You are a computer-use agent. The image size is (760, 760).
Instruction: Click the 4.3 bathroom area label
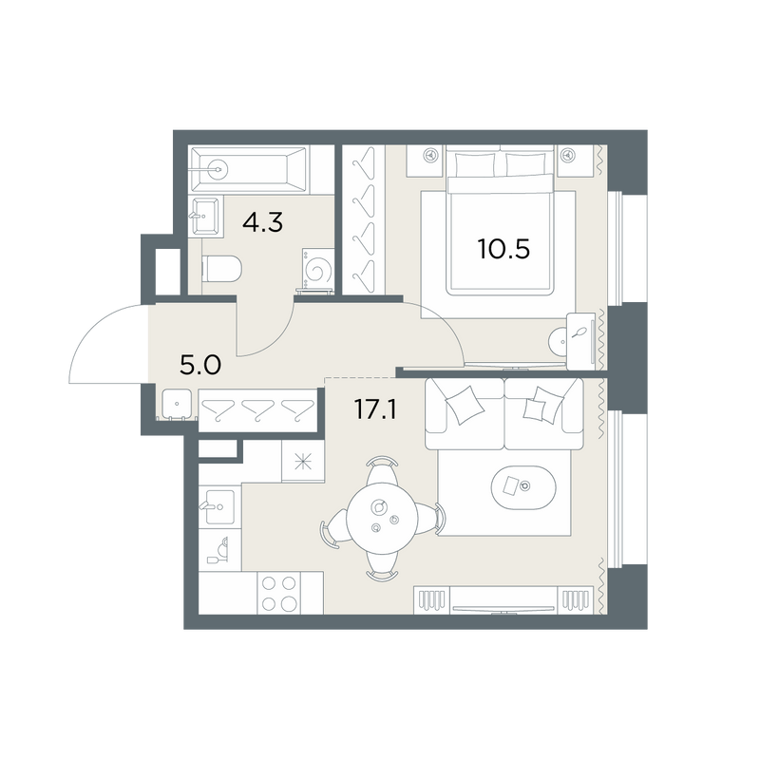tap(263, 222)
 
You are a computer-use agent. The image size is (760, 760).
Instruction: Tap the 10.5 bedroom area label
tap(503, 249)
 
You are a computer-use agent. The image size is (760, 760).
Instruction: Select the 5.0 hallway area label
tap(200, 365)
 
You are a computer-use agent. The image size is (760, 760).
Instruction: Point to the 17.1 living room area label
tap(375, 409)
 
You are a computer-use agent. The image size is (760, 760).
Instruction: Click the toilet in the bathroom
tap(221, 268)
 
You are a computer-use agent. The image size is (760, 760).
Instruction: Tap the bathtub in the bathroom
tap(248, 169)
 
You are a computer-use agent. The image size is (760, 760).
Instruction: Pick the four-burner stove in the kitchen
tap(278, 593)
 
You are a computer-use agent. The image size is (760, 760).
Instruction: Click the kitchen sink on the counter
tap(219, 507)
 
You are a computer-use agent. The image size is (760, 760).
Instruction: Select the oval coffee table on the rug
tap(523, 487)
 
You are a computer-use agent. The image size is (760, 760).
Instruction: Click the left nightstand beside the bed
tap(425, 161)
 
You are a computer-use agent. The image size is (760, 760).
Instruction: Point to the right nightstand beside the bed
tap(576, 161)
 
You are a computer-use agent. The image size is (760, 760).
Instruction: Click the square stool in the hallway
tap(177, 404)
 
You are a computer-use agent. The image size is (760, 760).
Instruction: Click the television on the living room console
tap(503, 609)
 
